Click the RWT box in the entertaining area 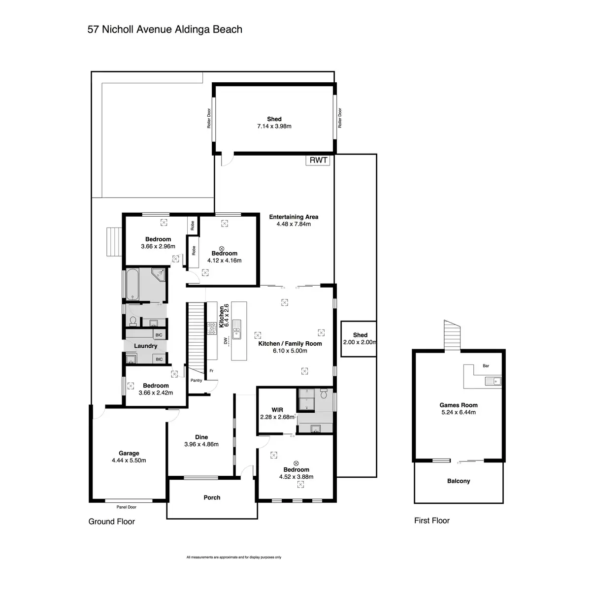(x=318, y=160)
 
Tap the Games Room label (x=459, y=405)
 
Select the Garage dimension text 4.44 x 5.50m (x=129, y=460)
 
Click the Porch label (x=212, y=497)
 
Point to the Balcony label (x=459, y=481)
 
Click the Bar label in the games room (x=486, y=366)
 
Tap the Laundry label (x=145, y=346)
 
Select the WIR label (x=277, y=410)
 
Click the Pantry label (x=197, y=380)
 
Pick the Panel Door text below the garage (x=127, y=507)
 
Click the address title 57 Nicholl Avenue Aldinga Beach (x=164, y=29)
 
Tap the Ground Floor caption (x=111, y=521)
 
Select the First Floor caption (x=432, y=520)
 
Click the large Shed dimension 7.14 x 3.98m (x=274, y=126)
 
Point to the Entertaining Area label (x=294, y=217)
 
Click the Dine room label (x=201, y=437)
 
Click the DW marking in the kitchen (x=225, y=340)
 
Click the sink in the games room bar (x=492, y=381)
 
